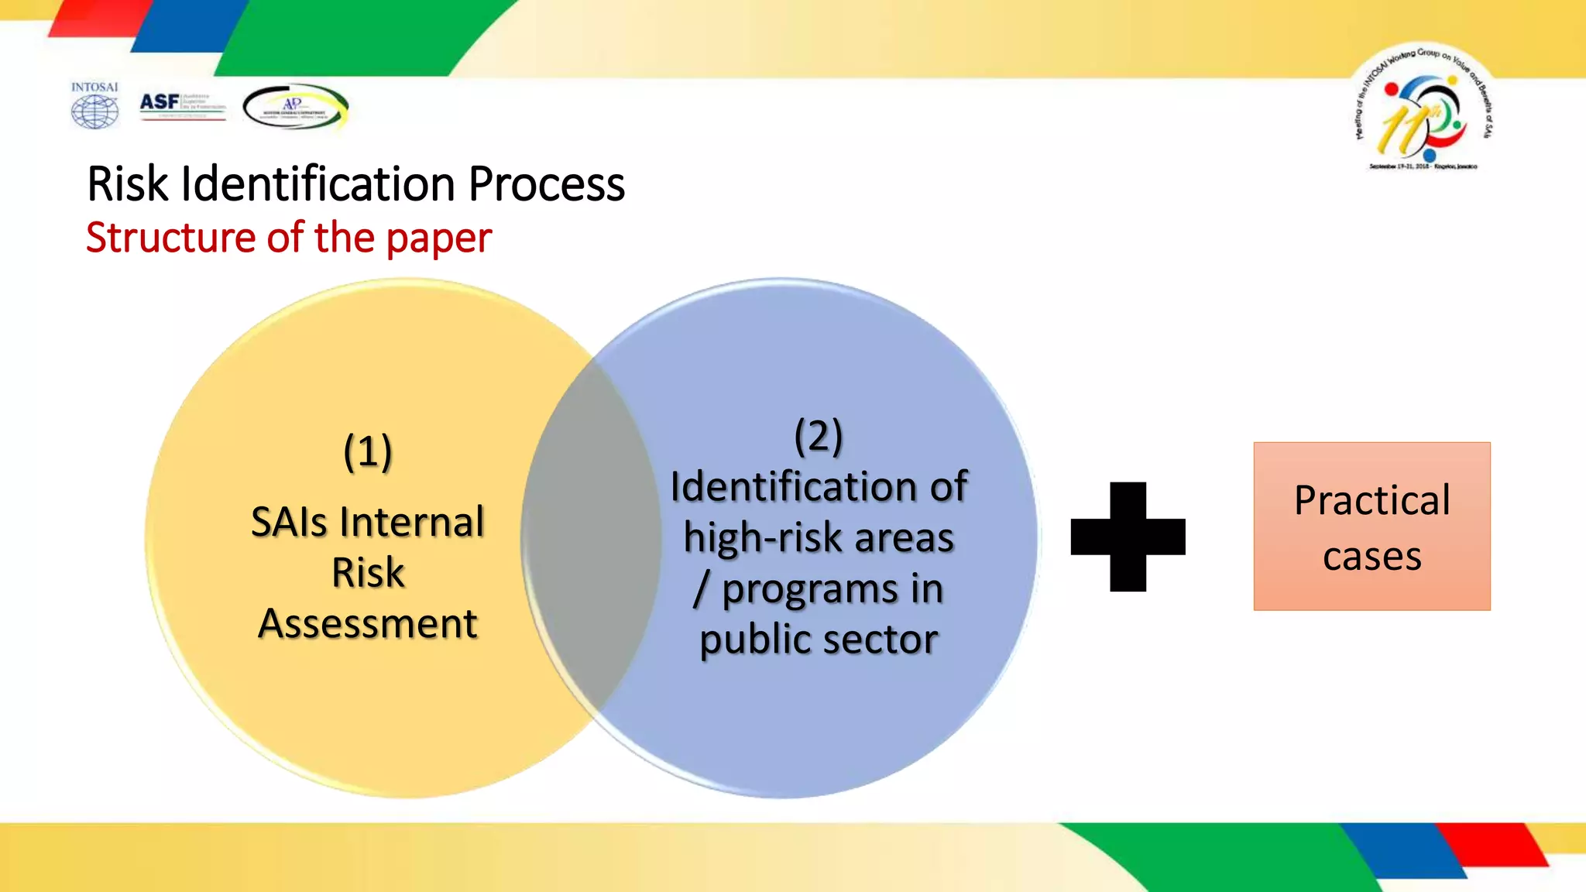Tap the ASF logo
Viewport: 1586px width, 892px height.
[x=182, y=105]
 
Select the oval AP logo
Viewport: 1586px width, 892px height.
[x=295, y=107]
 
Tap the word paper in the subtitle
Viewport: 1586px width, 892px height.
[x=438, y=238]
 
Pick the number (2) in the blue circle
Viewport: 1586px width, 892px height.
[x=819, y=436]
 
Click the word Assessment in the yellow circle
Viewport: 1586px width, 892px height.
[x=368, y=623]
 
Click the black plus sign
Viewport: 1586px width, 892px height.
[x=1128, y=537]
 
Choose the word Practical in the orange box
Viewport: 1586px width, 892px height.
[x=1371, y=500]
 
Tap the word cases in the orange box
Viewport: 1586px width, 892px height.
[x=1371, y=557]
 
